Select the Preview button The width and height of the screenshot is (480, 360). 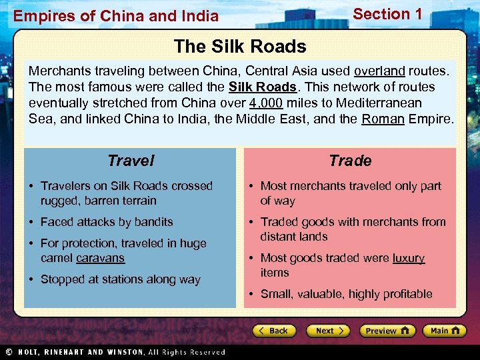(x=387, y=331)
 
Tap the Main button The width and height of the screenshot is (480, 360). (x=445, y=331)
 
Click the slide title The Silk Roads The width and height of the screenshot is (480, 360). (x=240, y=47)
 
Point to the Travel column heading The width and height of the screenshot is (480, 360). (x=131, y=161)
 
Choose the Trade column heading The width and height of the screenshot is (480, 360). (x=350, y=161)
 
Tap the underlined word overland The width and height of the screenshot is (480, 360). (x=379, y=71)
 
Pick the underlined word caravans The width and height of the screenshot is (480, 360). (x=100, y=258)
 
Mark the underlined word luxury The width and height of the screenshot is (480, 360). (x=409, y=258)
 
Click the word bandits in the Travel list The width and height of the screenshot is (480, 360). (x=154, y=222)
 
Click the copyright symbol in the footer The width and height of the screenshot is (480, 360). (x=8, y=352)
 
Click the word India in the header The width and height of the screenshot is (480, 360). (x=199, y=15)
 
